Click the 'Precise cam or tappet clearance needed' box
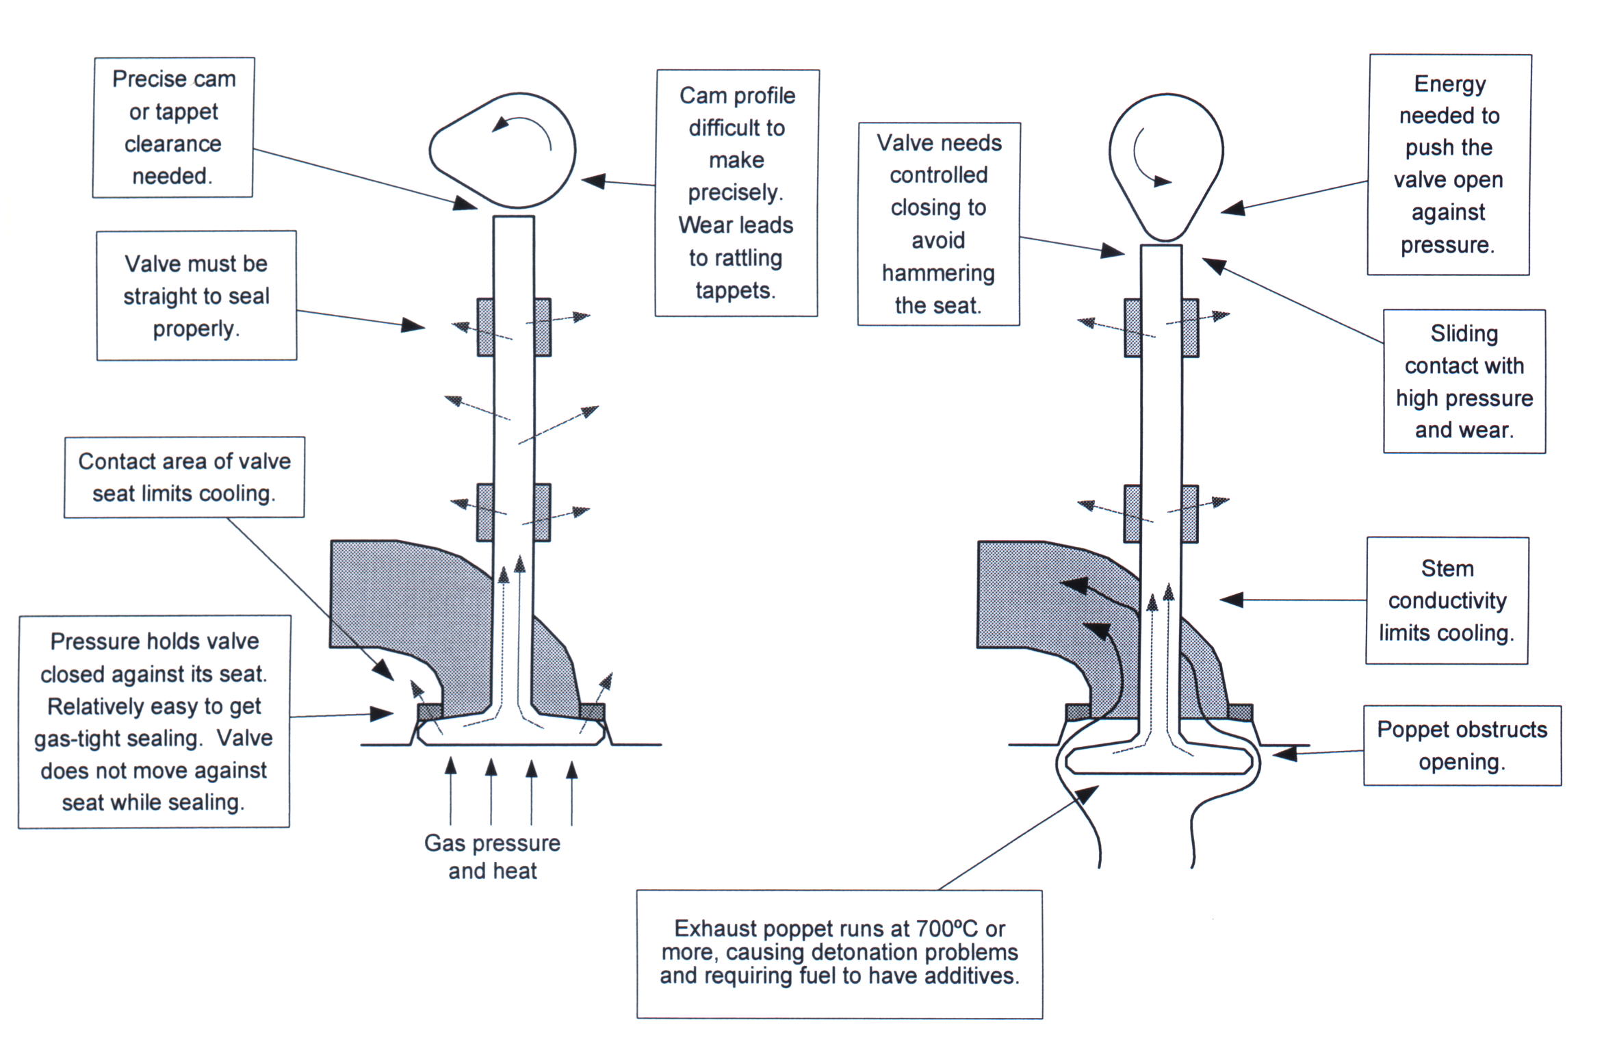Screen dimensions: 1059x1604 [173, 127]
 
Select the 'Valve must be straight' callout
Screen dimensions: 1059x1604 [196, 296]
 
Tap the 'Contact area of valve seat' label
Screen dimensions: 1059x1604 [184, 477]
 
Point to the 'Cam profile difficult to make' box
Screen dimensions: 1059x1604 [736, 192]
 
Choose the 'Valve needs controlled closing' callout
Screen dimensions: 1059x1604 [938, 224]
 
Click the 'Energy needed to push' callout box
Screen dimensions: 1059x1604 [1449, 164]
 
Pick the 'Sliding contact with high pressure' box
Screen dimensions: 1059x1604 [1464, 381]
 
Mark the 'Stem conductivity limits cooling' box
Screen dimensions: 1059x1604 [1447, 600]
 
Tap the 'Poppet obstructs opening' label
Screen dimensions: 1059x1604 [1462, 745]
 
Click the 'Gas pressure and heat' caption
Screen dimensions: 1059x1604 [492, 856]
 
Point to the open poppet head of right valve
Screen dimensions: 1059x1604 [1161, 760]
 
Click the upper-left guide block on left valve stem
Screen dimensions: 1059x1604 [485, 327]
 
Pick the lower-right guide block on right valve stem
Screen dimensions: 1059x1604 [1189, 513]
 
